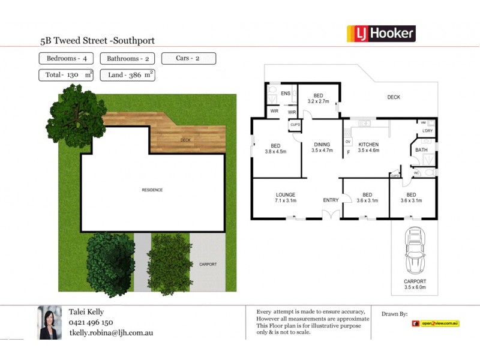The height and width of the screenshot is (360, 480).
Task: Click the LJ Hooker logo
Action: (381, 34)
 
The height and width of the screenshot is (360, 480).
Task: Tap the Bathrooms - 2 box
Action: (128, 59)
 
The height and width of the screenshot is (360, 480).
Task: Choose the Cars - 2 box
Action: (188, 59)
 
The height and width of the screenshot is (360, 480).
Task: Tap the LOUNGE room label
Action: (286, 194)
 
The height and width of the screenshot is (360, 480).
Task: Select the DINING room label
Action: (322, 145)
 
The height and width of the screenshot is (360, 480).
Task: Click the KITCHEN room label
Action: (369, 145)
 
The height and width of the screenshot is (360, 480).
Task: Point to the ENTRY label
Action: (331, 200)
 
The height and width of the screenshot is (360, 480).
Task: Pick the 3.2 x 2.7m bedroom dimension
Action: (318, 101)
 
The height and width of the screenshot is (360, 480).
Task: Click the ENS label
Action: (286, 94)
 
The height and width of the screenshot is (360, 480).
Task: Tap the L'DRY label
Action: (428, 131)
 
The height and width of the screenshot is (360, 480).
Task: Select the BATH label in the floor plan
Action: (421, 150)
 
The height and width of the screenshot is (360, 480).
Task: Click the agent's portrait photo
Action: (49, 323)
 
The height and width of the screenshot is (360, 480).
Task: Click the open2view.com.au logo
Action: (436, 323)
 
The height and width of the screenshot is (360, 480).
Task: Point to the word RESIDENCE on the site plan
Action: (152, 190)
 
